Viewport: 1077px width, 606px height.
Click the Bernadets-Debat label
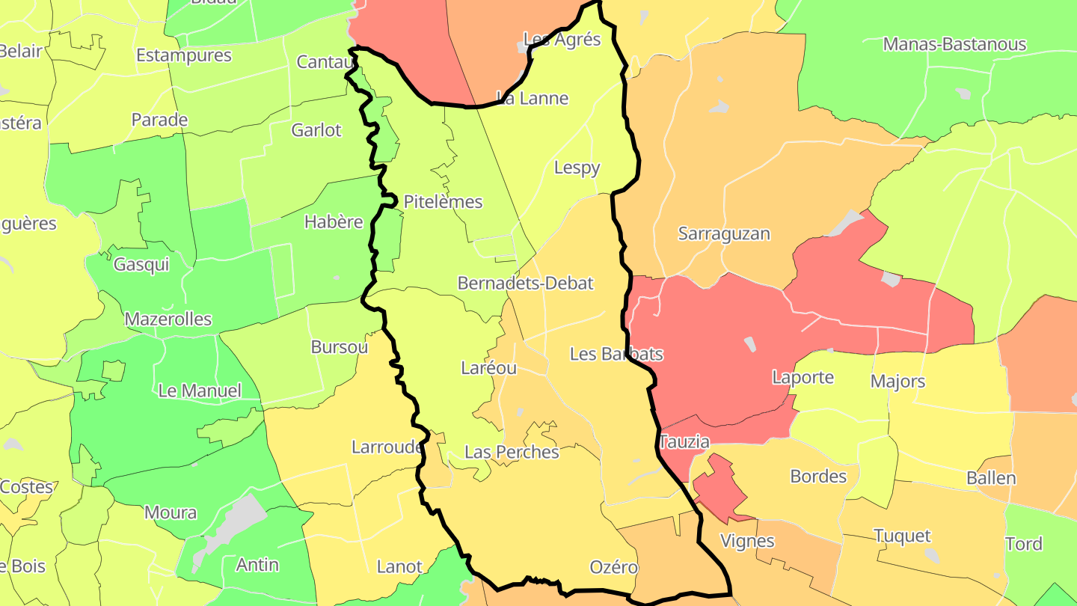[x=525, y=284]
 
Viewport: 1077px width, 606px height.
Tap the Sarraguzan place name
[x=723, y=233]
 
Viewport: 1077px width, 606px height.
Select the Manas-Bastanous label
[x=954, y=44]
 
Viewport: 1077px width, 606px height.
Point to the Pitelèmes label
[x=443, y=202]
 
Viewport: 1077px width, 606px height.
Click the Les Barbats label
[x=616, y=354]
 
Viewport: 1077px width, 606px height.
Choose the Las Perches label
[x=512, y=453]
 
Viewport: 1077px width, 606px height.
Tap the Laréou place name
[x=488, y=368]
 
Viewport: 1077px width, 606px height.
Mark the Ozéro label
[x=613, y=567]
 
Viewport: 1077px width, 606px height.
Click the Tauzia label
[x=684, y=442]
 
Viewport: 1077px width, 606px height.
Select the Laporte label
[x=803, y=377]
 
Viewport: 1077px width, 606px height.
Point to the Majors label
[x=897, y=382]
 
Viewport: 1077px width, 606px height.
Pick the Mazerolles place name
[x=168, y=319]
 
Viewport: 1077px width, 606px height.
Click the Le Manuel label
[x=200, y=391]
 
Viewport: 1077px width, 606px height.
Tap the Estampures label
[x=184, y=55]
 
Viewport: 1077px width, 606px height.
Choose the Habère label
[x=334, y=222]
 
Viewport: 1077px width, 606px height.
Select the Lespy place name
[x=577, y=168]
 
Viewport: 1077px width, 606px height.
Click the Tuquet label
[x=902, y=536]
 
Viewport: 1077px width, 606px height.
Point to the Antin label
[x=257, y=565]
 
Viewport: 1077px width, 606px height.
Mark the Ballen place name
[x=991, y=478]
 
